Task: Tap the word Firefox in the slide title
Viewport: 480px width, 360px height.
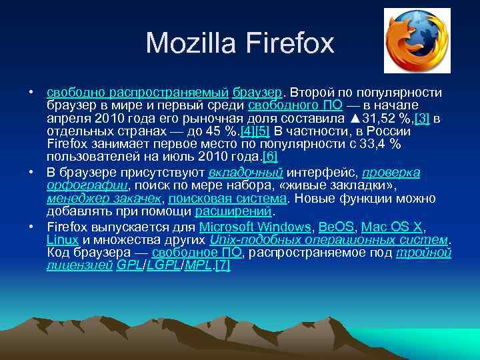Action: coord(291,44)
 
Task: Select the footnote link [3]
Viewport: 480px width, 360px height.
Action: coord(422,119)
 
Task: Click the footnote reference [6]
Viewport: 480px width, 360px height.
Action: coord(270,157)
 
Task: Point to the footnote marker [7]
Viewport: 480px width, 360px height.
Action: coord(223,265)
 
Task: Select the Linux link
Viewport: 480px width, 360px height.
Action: coord(63,239)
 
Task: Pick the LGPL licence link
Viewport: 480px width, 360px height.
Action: coord(164,265)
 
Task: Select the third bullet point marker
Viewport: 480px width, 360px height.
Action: coord(31,227)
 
